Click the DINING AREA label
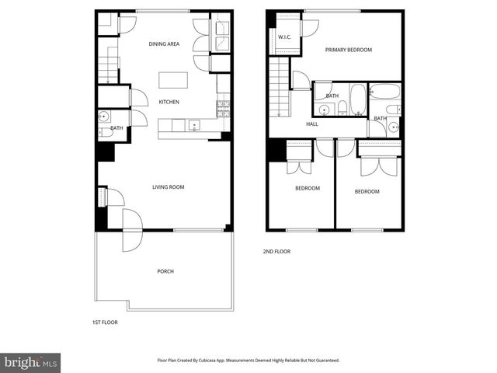point(164,44)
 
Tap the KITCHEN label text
point(169,102)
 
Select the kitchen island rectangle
point(172,81)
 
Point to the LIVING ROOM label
point(168,187)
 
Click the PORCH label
point(165,271)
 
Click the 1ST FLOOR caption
point(104,322)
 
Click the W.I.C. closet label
point(283,37)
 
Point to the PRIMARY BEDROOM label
point(348,50)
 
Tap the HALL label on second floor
point(312,124)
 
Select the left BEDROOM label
point(308,188)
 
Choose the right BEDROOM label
point(367,191)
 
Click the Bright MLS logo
point(31,361)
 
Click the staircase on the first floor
point(108,64)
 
